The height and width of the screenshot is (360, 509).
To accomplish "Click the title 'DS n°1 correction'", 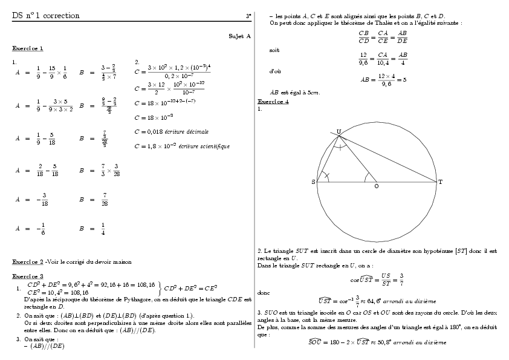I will (45, 16).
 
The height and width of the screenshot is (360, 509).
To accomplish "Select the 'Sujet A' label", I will (239, 36).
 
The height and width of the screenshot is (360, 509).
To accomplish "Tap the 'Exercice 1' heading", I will (27, 48).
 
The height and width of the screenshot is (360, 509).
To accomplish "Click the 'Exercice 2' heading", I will (28, 262).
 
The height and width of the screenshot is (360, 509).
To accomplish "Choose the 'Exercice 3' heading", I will (28, 276).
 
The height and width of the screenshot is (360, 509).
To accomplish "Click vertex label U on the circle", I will (338, 132).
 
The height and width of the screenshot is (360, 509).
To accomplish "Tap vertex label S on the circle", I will (313, 182).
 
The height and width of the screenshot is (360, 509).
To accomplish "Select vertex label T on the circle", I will (440, 182).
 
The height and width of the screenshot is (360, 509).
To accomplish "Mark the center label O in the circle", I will (376, 186).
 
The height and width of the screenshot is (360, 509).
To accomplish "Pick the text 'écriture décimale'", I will (189, 131).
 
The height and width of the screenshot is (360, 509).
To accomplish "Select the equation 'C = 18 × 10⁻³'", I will (154, 117).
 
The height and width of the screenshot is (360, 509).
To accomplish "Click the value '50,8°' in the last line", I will (384, 342).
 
